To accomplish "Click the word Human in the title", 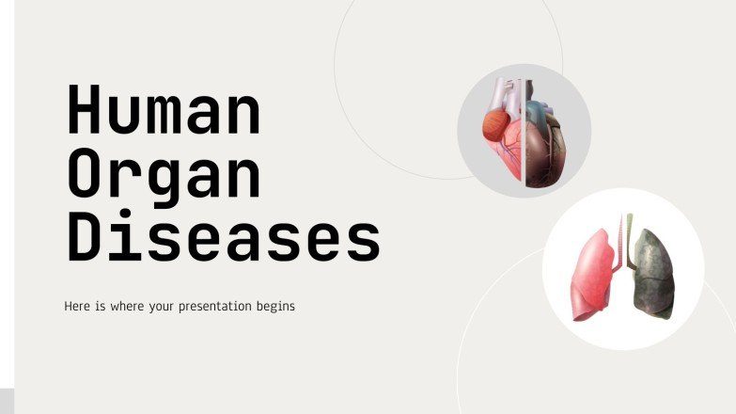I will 163,111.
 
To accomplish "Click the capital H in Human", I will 83,111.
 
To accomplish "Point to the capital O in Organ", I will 83,173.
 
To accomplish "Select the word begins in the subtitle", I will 274,307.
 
